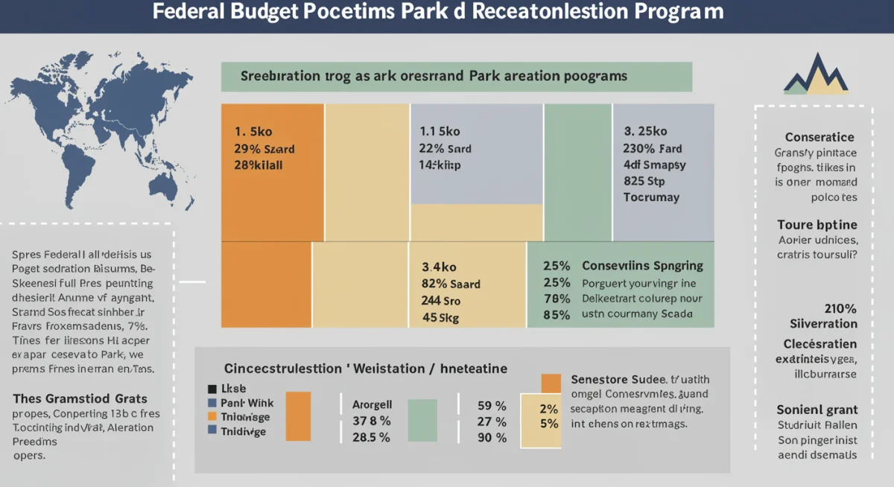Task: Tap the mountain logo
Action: coord(816,74)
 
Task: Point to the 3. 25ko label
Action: coord(645,132)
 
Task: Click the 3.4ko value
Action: coord(440,266)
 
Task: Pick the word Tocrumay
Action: coord(651,197)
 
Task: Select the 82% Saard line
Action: coord(451,284)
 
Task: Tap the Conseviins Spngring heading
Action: coord(642,266)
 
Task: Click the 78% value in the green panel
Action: coord(557,299)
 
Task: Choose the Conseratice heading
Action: coord(819,137)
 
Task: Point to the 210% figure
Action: coord(840,308)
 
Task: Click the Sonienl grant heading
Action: coord(817,410)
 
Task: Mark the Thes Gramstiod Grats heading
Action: coord(80,398)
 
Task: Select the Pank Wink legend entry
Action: coord(247,403)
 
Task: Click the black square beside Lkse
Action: coord(212,389)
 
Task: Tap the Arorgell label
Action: coord(371,406)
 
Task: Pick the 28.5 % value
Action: coord(370,438)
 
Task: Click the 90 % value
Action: coord(492,438)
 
